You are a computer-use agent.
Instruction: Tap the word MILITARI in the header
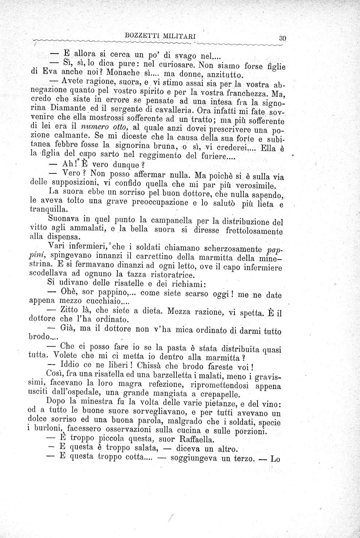point(179,36)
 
